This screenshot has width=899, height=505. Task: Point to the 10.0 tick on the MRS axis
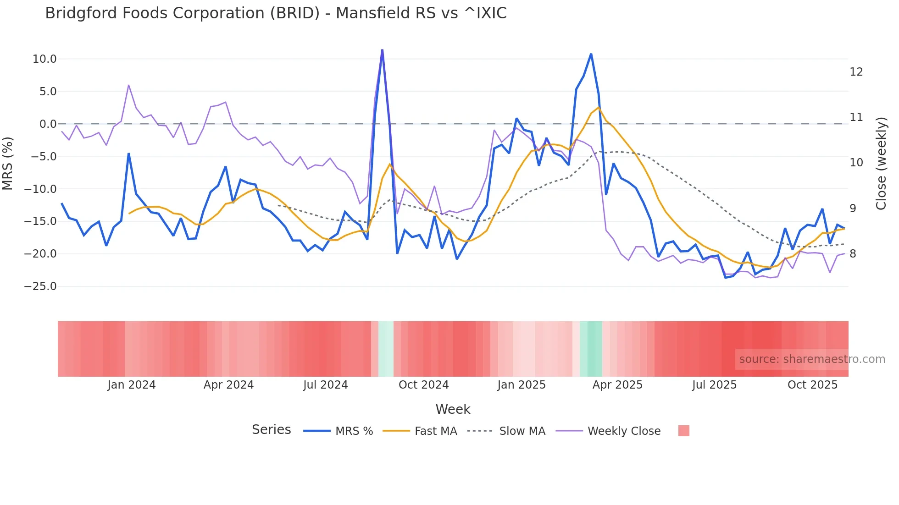coord(44,59)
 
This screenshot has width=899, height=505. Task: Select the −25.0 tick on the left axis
coord(41,286)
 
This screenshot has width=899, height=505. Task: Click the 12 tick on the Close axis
coord(856,72)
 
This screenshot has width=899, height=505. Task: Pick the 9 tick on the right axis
coord(853,209)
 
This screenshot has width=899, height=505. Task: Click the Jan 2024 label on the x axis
coord(132,385)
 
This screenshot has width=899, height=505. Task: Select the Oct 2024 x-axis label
coord(423,385)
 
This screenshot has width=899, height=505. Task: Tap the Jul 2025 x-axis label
coord(714,385)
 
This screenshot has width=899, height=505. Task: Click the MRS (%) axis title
coord(8,164)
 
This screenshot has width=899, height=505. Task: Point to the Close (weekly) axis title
coord(881,164)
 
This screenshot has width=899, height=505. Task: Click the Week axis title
coord(453,409)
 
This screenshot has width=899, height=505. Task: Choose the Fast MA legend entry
coord(435,431)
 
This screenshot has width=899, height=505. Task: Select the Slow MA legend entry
coord(522,431)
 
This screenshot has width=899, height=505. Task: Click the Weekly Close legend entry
coord(624,431)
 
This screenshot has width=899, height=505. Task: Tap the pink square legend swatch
coord(683,431)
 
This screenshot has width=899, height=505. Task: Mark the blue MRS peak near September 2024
coord(382,50)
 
